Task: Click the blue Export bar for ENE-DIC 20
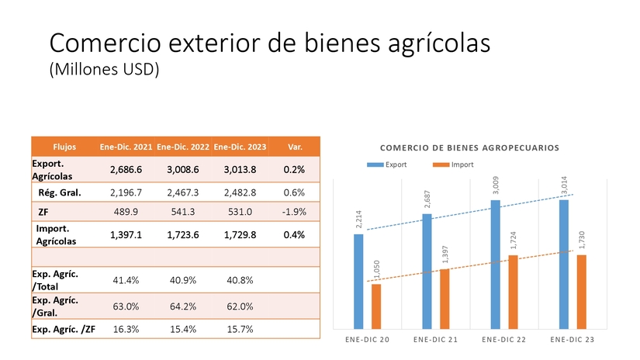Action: tap(358, 281)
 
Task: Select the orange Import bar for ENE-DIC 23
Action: tap(581, 291)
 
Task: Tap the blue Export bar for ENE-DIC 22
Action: tap(495, 264)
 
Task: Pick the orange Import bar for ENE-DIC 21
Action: tap(445, 298)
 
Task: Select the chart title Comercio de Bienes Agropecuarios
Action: tap(469, 147)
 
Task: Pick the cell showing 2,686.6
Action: tap(126, 169)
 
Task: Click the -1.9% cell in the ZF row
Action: tap(294, 211)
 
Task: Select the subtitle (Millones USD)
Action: tap(104, 69)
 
